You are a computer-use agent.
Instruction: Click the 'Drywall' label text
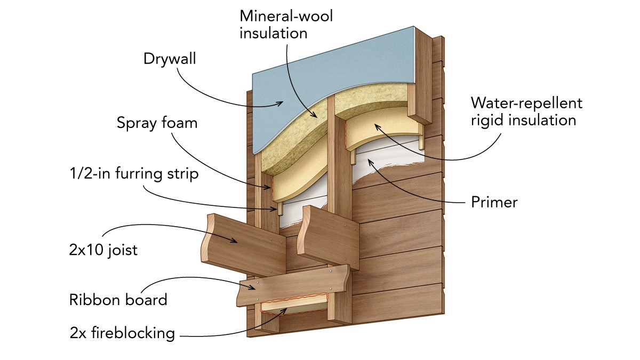170,58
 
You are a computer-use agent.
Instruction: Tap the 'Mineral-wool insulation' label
286,24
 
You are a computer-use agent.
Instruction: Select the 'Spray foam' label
157,123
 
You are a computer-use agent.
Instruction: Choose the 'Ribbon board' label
118,299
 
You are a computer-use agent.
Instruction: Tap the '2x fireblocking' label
122,333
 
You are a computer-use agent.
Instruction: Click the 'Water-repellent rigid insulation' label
526,111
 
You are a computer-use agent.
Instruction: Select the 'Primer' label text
494,202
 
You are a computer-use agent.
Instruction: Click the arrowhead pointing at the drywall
282,103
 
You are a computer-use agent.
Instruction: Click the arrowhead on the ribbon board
261,289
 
